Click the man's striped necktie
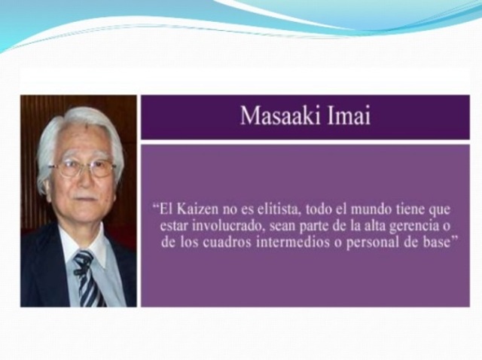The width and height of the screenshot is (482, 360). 87,279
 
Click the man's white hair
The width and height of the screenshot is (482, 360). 75,124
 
